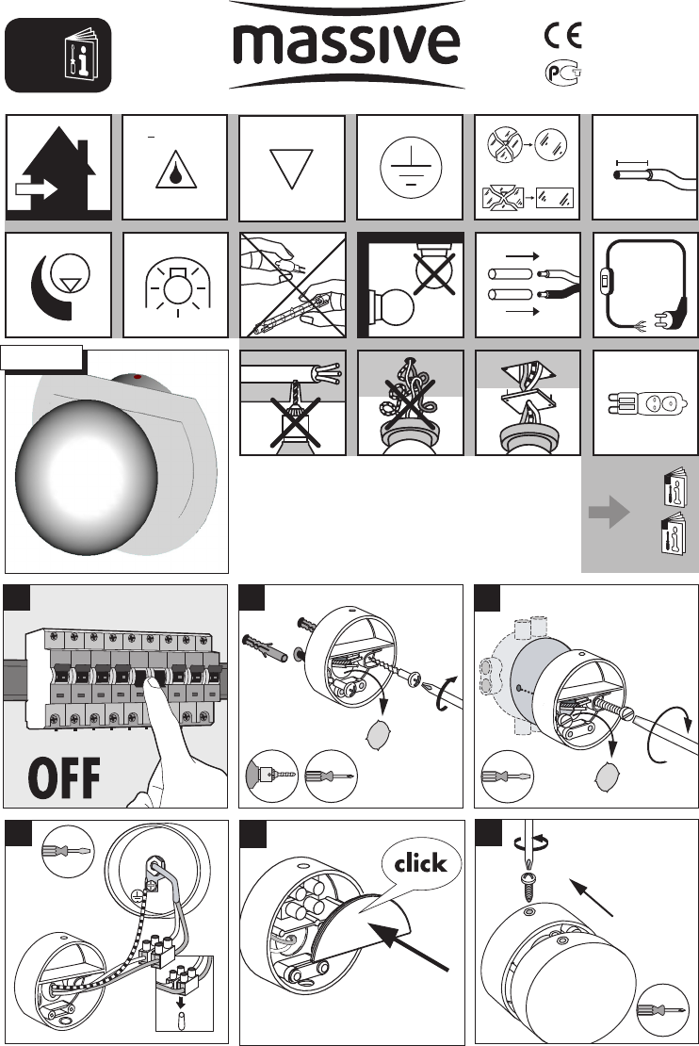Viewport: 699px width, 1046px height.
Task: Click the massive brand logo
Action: pos(346,45)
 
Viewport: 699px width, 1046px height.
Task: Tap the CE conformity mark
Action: pos(563,36)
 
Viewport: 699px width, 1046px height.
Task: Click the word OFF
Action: pos(64,777)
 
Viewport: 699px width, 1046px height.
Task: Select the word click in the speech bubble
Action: pos(419,863)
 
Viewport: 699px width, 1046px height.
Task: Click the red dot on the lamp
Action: pos(138,378)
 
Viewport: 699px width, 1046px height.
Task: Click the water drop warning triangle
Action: pos(175,170)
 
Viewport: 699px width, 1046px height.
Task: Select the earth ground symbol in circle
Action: pos(410,168)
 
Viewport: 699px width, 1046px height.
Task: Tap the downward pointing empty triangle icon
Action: pos(291,169)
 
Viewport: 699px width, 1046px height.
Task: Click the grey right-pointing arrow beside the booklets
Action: pos(609,513)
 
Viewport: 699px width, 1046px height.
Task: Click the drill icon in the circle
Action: pos(272,776)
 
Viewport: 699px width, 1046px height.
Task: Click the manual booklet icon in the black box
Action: pos(81,55)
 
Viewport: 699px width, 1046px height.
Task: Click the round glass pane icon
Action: pos(551,145)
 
